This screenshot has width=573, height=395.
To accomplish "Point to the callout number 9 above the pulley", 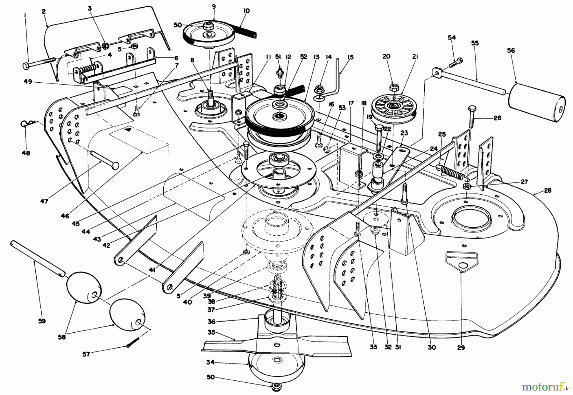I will [213, 6].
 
